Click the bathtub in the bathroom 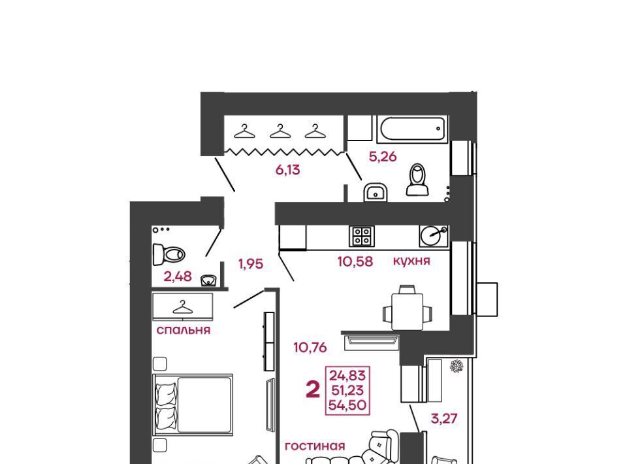pos(412,129)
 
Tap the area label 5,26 pos(383,156)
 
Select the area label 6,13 pos(287,170)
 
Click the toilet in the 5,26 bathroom pos(417,180)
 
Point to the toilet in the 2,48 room pos(169,254)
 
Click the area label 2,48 pos(178,276)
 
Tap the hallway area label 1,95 pos(251,264)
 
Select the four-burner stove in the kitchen pos(362,236)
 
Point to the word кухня pos(411,261)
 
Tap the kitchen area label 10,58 pos(355,261)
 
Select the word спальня pos(183,330)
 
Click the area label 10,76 pos(310,347)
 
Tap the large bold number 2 pos(313,389)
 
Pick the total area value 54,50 pos(347,405)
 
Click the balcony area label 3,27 pos(444,418)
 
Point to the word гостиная pos(315,446)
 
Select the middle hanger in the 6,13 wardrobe pos(280,131)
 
